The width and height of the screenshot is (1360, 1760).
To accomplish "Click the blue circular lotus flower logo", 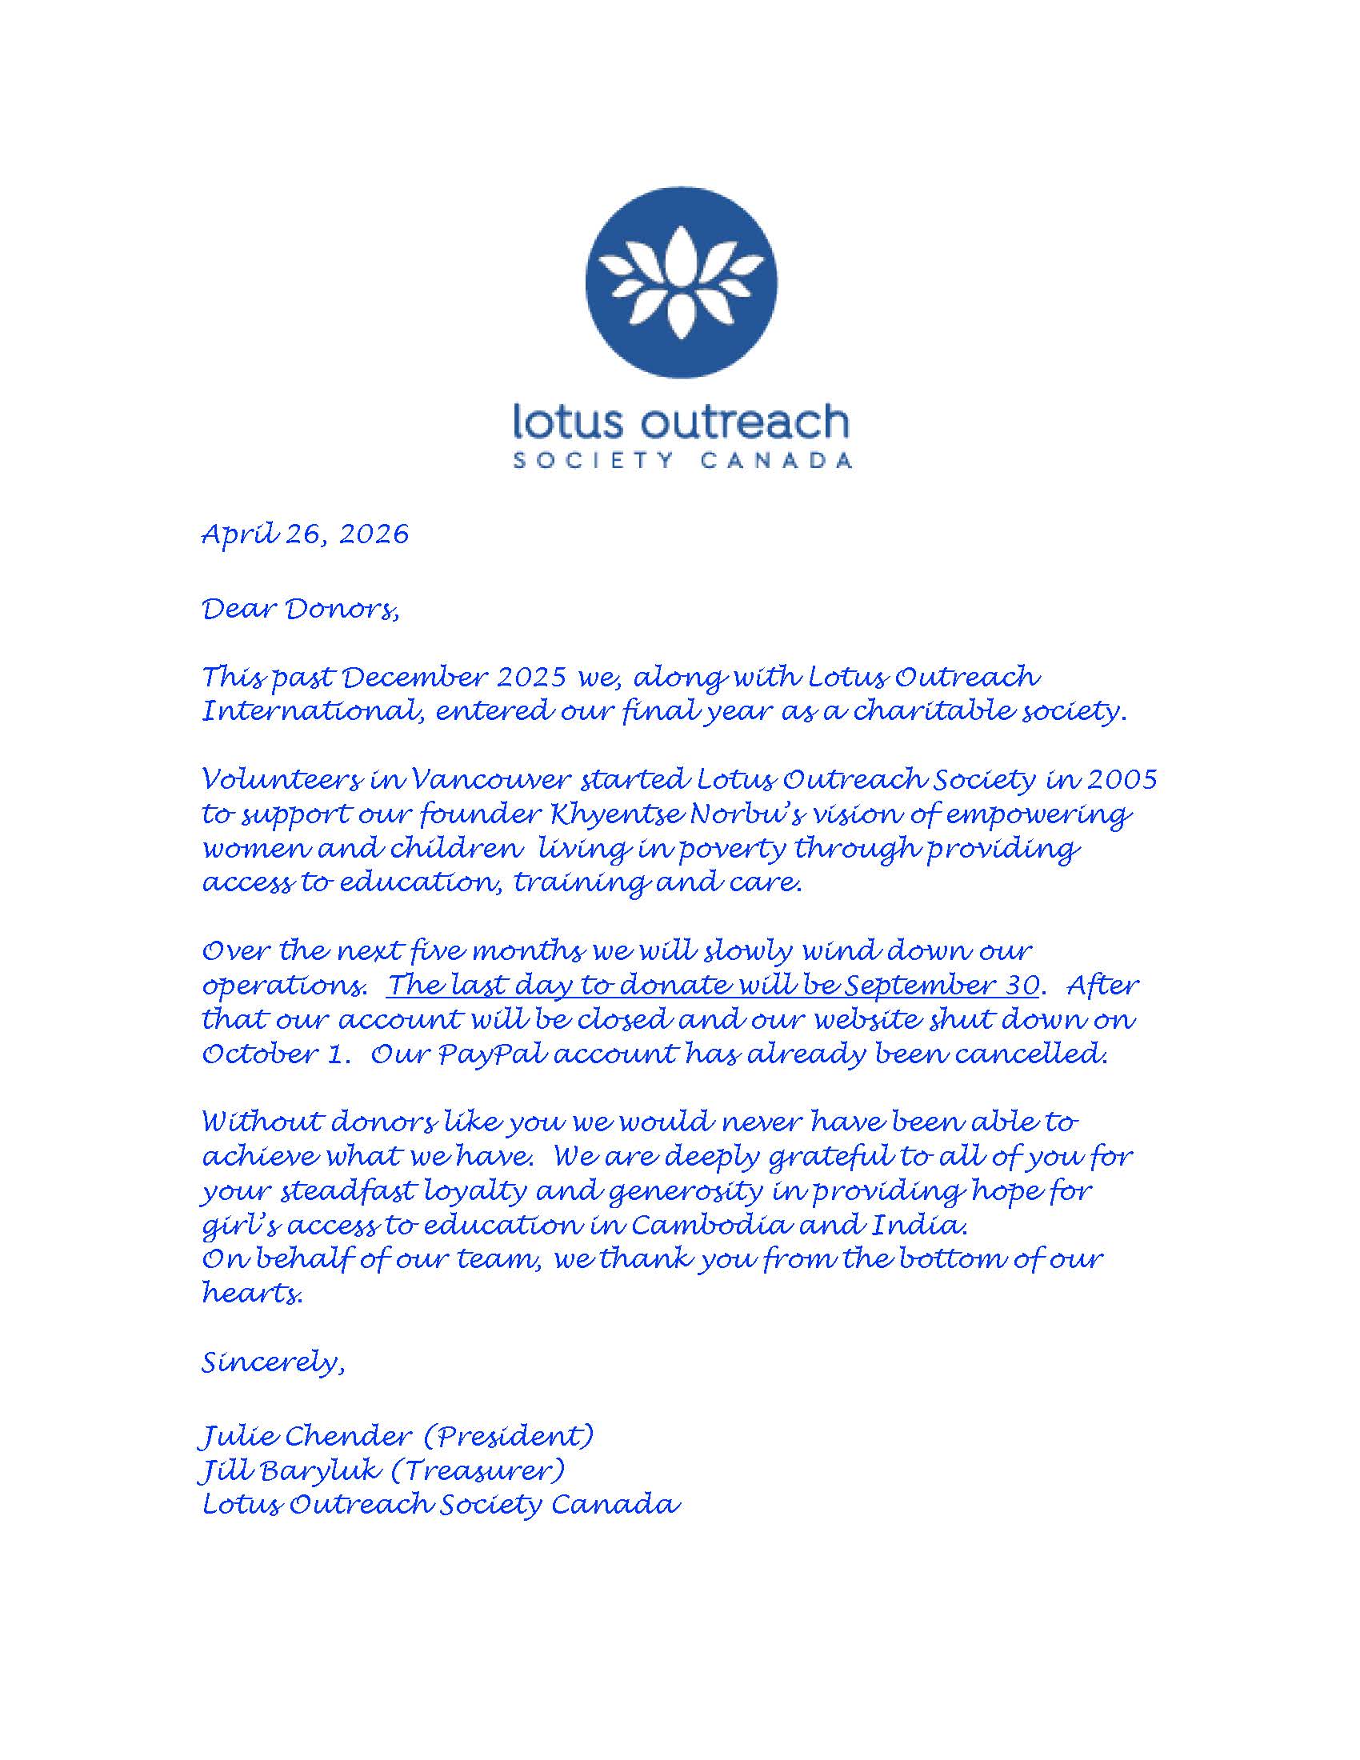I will [x=681, y=284].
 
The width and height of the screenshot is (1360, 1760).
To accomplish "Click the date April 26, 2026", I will [x=306, y=534].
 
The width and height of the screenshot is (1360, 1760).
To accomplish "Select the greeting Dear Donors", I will [x=300, y=610].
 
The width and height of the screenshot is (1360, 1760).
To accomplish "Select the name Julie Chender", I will [x=306, y=1436].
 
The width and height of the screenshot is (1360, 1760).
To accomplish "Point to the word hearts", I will [x=251, y=1294].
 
